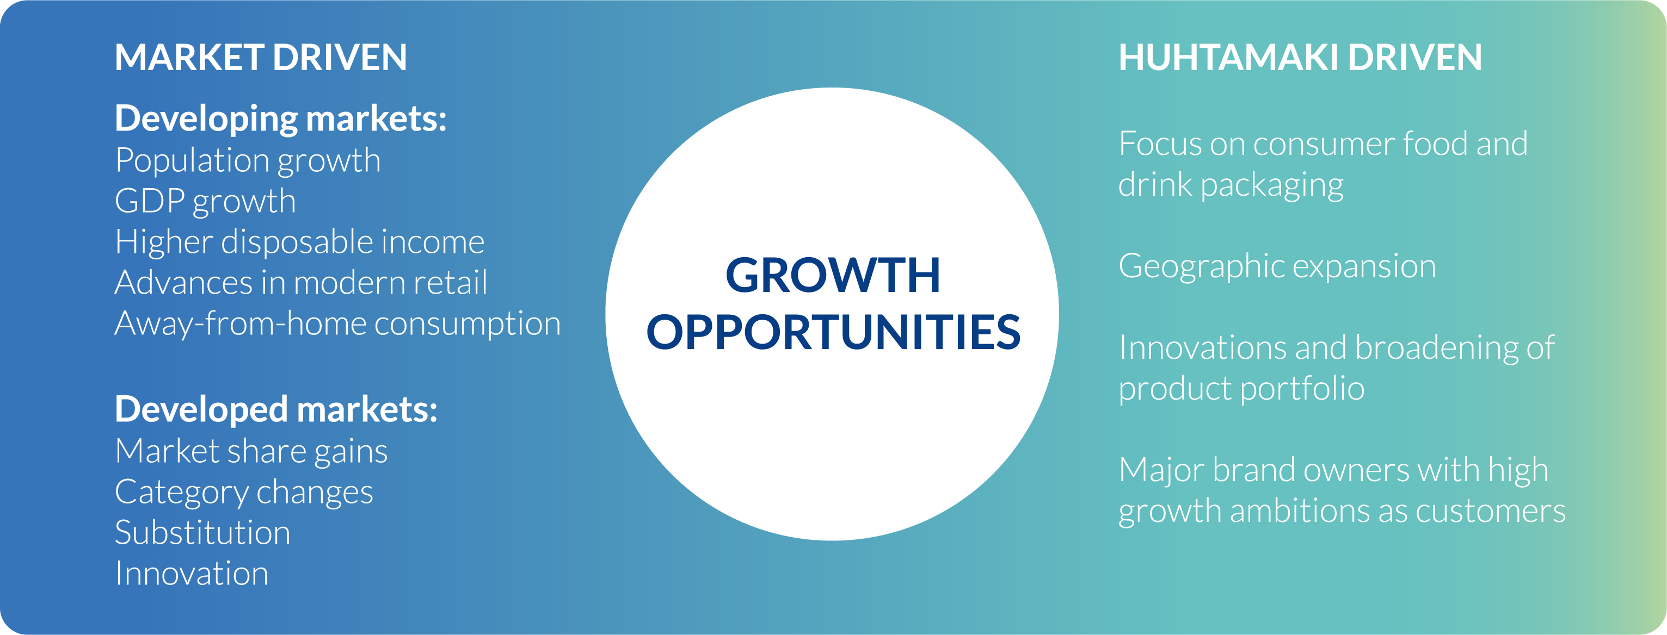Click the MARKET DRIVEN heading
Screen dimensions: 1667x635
tap(261, 57)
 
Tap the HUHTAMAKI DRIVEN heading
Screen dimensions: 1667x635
tap(1300, 57)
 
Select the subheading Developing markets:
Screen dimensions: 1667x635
tap(281, 120)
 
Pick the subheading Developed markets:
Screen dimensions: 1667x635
tap(276, 410)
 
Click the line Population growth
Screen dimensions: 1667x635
tap(248, 161)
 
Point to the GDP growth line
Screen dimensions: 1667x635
tap(205, 202)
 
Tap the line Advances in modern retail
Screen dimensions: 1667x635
tap(301, 283)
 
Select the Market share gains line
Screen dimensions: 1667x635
tap(251, 452)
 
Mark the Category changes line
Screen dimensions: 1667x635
tap(244, 493)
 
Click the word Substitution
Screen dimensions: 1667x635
tap(202, 533)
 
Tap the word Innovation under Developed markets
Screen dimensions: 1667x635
tap(192, 574)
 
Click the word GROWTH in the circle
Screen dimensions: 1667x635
tap(833, 276)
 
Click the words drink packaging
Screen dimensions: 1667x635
tap(1231, 185)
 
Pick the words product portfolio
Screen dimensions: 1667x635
tap(1242, 389)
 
